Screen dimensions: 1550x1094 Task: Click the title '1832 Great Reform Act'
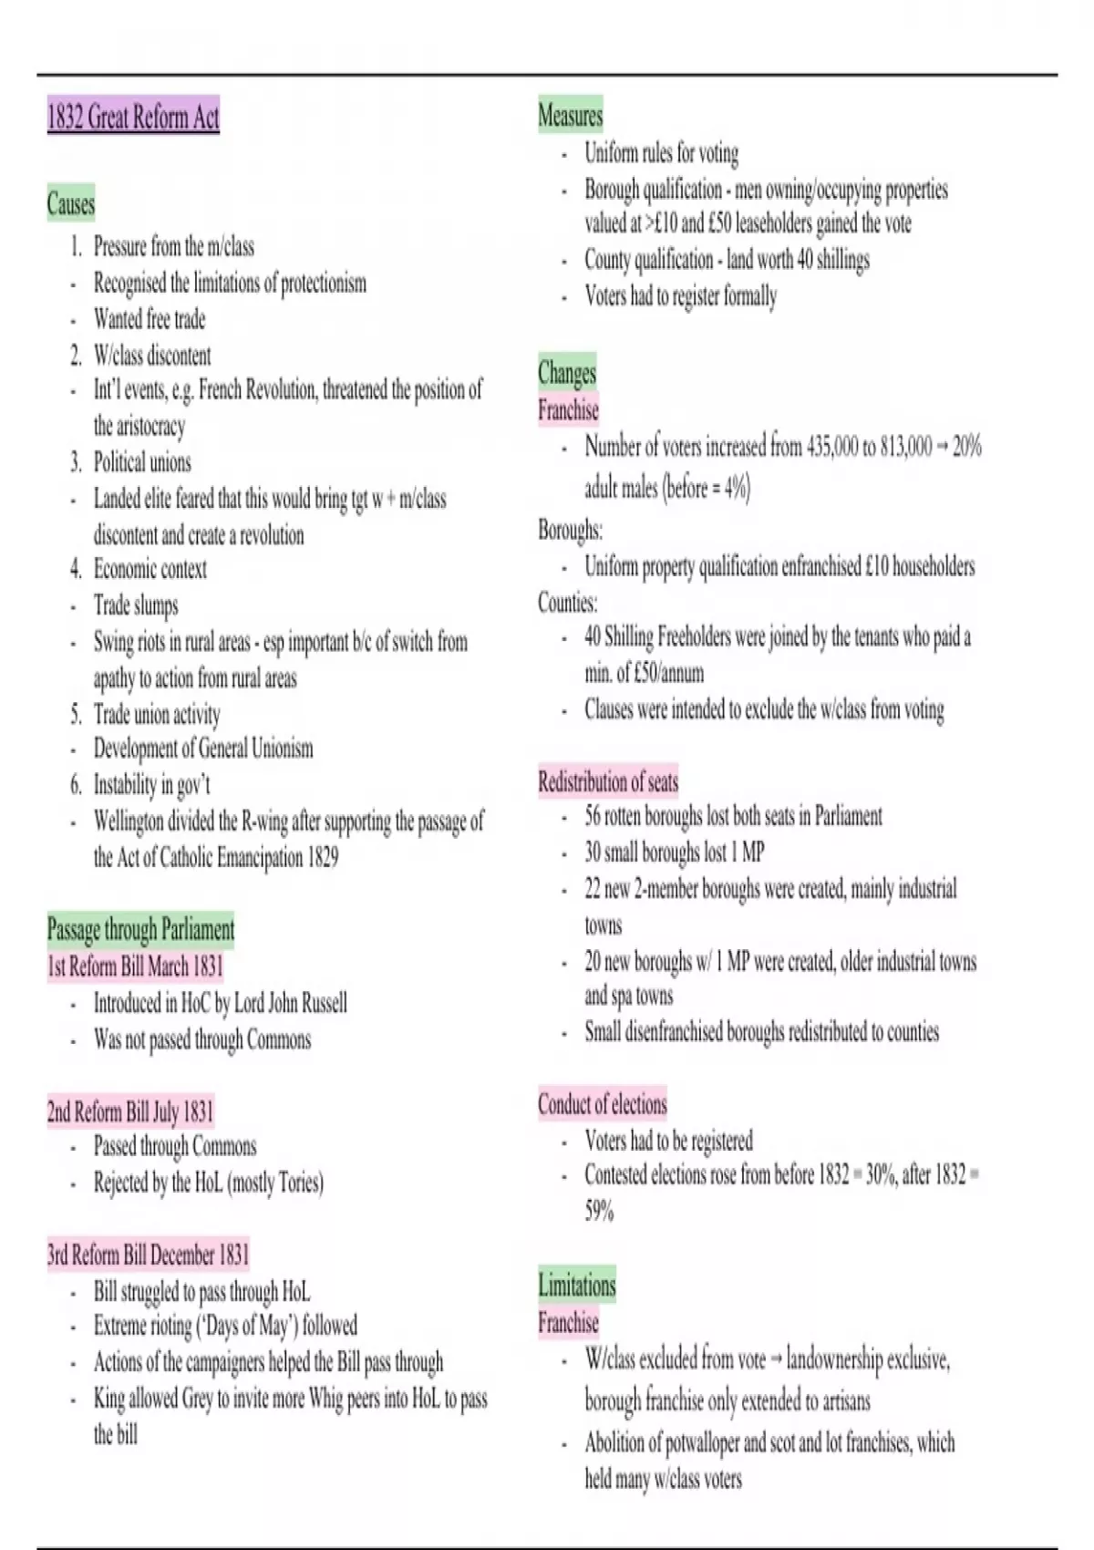(133, 118)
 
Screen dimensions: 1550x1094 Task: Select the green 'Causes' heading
(71, 203)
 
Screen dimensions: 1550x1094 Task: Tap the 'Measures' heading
(570, 116)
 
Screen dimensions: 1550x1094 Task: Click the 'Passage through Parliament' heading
(140, 929)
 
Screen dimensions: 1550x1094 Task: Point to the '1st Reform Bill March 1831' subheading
(135, 966)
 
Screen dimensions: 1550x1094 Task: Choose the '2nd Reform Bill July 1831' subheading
(130, 1111)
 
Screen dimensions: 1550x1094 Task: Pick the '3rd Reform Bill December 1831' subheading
(148, 1255)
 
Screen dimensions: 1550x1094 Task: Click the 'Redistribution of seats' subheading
(608, 781)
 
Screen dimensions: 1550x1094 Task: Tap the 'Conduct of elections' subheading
(602, 1104)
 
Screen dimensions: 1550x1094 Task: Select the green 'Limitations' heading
(577, 1286)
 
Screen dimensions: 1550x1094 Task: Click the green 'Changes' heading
(567, 372)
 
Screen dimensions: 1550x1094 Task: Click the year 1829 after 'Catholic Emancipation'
(323, 857)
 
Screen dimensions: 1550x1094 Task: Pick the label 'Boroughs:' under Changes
(570, 530)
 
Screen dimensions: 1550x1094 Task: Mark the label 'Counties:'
(567, 603)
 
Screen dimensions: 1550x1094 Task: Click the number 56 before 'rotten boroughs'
(593, 816)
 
